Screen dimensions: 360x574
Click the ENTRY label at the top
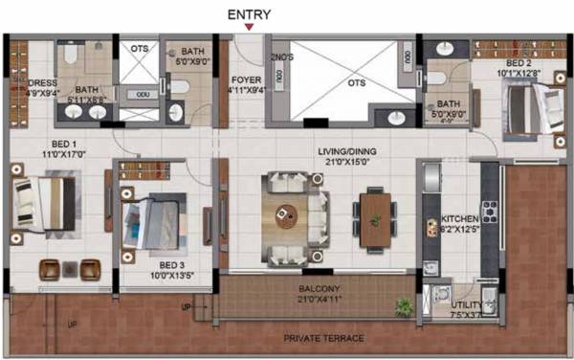(248, 14)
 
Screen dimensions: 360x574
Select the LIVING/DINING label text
(348, 152)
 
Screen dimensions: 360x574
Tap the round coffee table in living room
(285, 213)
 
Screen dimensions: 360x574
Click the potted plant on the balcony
(404, 306)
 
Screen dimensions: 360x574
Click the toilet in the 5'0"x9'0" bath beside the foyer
(178, 87)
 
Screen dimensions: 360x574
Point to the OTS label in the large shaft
(357, 82)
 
